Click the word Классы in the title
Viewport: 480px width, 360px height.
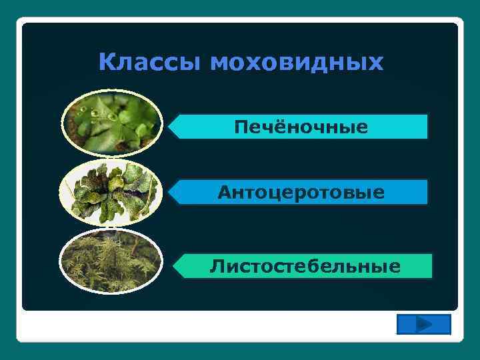pyautogui.click(x=150, y=63)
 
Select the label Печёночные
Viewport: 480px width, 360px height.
pyautogui.click(x=300, y=127)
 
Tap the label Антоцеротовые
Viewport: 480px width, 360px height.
pyautogui.click(x=301, y=193)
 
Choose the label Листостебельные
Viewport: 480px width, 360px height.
pyautogui.click(x=305, y=266)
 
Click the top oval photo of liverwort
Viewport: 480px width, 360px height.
pyautogui.click(x=112, y=121)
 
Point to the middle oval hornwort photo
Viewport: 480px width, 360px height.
pyautogui.click(x=111, y=192)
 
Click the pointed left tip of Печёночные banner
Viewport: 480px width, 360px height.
pyautogui.click(x=169, y=126)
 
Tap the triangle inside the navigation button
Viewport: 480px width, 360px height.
pyautogui.click(x=423, y=325)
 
